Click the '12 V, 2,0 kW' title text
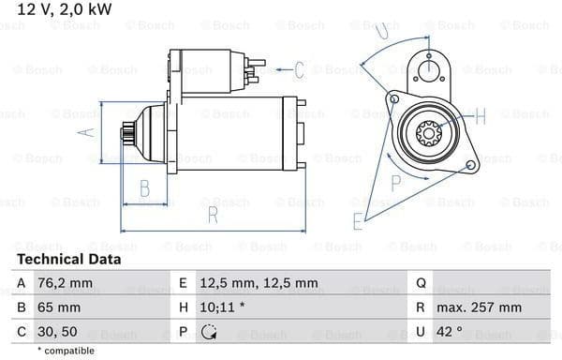65,9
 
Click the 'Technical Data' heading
69,259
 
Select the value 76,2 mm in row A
65,283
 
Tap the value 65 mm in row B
59,307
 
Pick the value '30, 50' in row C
57,332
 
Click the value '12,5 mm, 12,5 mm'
259,283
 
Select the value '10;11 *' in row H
222,307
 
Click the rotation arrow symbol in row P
208,332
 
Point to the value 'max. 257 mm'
479,307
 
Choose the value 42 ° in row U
449,332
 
